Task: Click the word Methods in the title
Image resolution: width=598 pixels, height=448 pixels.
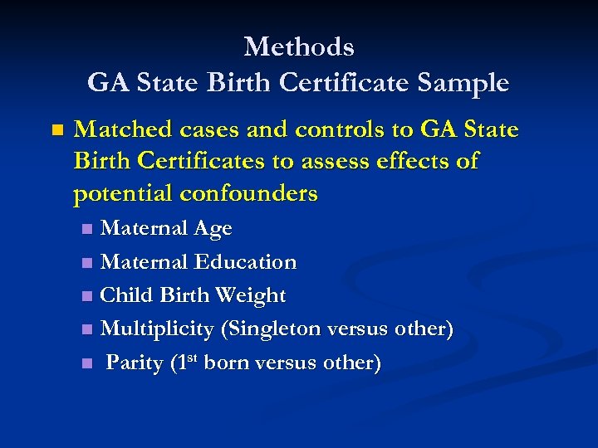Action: click(x=299, y=46)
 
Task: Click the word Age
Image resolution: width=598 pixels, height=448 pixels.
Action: click(x=213, y=229)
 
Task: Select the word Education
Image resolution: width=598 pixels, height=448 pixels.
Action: click(x=245, y=262)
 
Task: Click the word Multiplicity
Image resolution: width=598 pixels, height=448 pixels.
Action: click(x=157, y=329)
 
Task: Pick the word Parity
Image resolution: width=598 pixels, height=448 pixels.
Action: click(x=135, y=363)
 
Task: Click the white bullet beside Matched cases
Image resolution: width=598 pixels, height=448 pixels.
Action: click(x=56, y=131)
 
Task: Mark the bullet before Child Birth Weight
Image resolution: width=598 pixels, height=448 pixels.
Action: click(x=88, y=296)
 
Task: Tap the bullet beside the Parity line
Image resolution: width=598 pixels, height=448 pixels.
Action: click(x=88, y=363)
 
